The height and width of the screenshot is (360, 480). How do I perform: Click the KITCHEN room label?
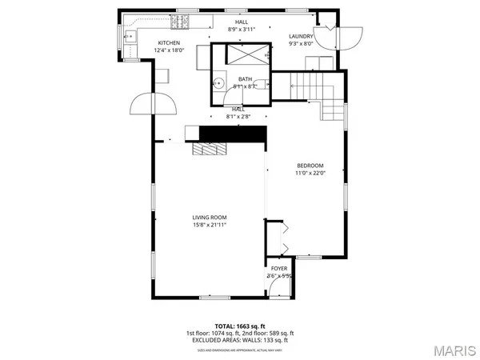[169, 43]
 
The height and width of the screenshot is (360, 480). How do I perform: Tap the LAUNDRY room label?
[301, 36]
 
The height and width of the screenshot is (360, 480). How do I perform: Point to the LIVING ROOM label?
[210, 218]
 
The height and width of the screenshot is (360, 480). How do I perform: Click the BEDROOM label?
[310, 165]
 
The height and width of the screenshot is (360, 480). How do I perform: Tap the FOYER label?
[279, 269]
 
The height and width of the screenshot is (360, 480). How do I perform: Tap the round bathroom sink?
[218, 82]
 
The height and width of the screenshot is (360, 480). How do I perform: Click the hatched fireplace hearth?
[210, 149]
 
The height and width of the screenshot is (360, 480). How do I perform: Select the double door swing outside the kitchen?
[153, 104]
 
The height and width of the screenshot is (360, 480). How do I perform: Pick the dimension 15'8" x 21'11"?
[210, 226]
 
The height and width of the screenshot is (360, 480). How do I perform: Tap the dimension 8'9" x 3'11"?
[241, 29]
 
